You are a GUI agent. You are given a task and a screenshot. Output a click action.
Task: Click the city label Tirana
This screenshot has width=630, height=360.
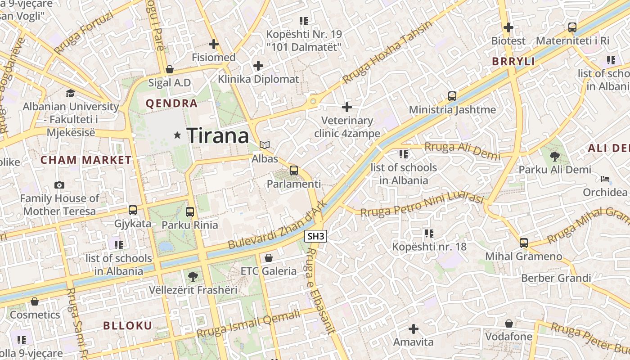[218, 135]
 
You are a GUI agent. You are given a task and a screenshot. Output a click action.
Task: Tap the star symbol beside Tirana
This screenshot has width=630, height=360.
[178, 135]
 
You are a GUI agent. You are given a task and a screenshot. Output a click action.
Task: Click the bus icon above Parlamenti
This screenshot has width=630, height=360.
[294, 170]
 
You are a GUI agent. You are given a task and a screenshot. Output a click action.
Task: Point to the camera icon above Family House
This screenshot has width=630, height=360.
[59, 185]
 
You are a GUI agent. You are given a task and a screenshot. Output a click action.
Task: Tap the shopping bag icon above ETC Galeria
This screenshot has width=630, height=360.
[269, 258]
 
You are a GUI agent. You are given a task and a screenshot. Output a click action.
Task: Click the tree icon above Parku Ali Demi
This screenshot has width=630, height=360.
[554, 156]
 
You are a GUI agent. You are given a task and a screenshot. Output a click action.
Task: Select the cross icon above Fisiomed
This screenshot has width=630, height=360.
[214, 44]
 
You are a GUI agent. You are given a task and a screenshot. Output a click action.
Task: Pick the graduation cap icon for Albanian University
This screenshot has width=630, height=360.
[70, 93]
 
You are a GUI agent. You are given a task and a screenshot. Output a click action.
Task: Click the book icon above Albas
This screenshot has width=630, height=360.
[265, 145]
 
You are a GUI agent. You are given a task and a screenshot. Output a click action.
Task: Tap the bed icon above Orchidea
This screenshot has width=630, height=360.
[605, 179]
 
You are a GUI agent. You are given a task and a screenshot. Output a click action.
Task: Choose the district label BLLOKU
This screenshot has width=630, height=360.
[128, 326]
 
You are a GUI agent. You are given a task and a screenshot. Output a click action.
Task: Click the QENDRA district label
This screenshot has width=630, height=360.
[172, 103]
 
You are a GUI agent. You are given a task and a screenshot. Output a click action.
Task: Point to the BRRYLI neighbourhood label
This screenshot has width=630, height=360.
[513, 62]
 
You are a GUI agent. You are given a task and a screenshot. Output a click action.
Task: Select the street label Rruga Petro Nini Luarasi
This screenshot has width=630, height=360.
[422, 205]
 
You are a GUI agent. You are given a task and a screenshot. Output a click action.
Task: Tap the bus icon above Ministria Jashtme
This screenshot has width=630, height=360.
[452, 96]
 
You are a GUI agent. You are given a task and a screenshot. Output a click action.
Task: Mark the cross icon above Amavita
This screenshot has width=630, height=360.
[413, 329]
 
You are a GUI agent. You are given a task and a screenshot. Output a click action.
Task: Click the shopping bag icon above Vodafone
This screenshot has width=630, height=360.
[509, 324]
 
